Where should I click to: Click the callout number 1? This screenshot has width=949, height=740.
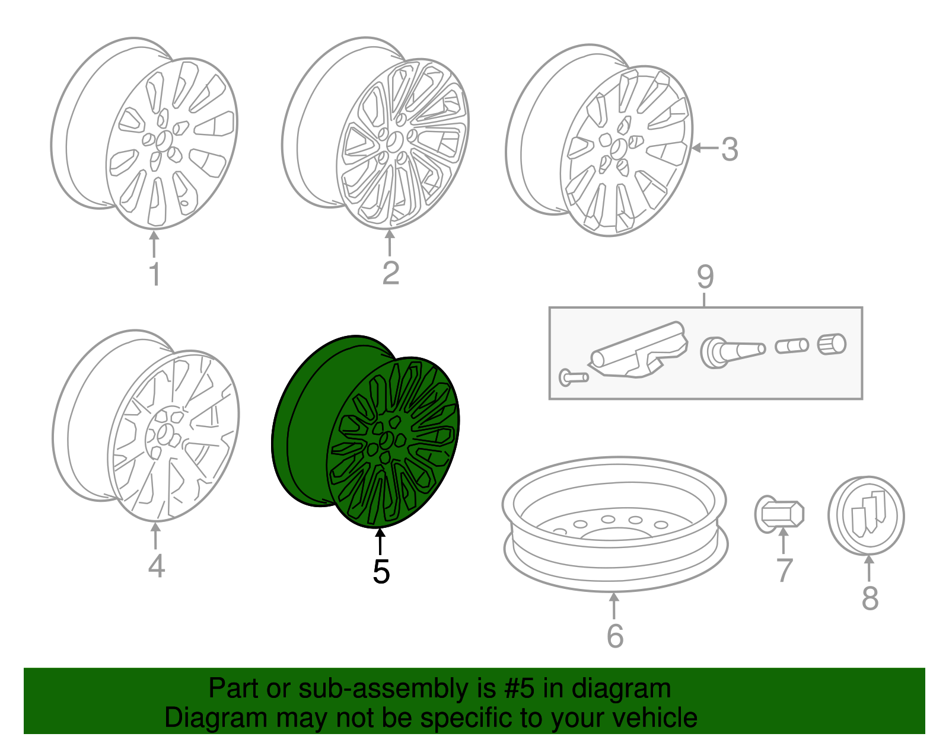[x=155, y=274]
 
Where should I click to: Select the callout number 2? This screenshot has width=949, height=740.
[x=390, y=273]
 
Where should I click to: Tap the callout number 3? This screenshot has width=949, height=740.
[x=730, y=149]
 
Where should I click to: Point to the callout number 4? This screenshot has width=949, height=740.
[x=157, y=565]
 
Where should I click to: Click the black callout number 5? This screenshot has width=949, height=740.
[x=381, y=572]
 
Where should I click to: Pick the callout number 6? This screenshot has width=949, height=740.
[x=615, y=636]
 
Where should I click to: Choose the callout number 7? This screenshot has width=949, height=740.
[x=785, y=571]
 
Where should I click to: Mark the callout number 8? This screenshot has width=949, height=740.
[x=870, y=598]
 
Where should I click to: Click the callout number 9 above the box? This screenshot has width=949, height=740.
[x=705, y=277]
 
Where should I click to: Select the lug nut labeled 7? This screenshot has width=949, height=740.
[x=779, y=514]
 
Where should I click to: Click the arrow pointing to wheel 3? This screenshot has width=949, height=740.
[x=705, y=148]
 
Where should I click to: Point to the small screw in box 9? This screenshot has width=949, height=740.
[x=573, y=377]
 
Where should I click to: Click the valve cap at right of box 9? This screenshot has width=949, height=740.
[x=832, y=344]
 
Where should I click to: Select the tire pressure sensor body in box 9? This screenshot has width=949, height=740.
[x=638, y=350]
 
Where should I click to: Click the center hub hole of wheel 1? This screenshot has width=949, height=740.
[x=164, y=141]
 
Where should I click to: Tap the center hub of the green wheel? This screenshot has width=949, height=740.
[x=386, y=440]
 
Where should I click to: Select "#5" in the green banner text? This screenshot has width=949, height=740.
[x=519, y=688]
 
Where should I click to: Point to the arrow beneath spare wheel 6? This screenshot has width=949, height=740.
[x=614, y=606]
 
